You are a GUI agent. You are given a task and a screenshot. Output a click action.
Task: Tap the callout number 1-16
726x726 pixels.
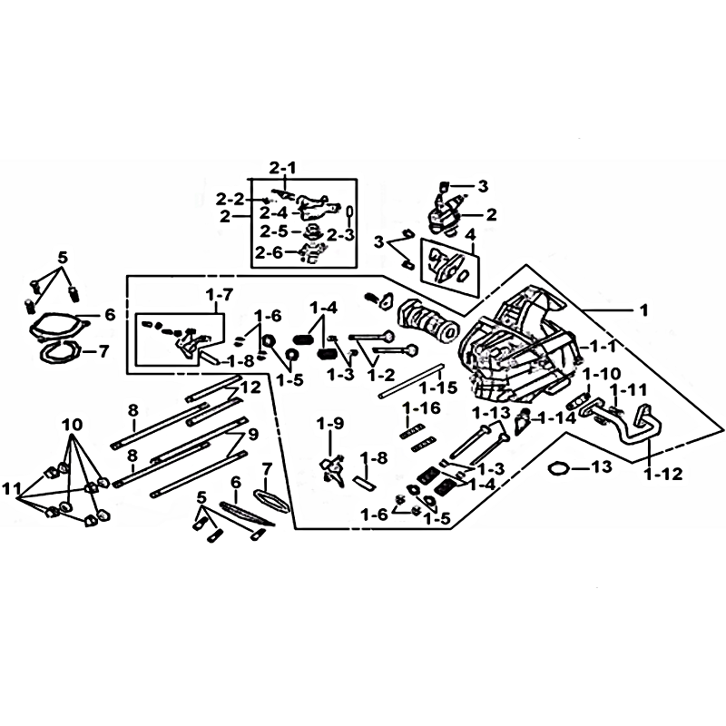(x=421, y=408)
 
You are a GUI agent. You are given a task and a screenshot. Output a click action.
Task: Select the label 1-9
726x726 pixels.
(x=330, y=423)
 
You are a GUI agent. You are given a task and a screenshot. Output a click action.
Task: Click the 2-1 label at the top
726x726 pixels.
(x=282, y=168)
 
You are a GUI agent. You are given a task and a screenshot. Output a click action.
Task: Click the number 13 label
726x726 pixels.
(x=602, y=466)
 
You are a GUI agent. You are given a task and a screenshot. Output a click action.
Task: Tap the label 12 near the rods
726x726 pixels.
(x=250, y=388)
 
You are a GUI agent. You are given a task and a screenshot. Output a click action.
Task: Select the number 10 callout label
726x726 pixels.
(x=73, y=425)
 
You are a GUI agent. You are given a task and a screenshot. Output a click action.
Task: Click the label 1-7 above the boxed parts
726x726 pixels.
(x=220, y=295)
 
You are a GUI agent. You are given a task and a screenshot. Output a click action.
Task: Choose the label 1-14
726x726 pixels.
(x=556, y=418)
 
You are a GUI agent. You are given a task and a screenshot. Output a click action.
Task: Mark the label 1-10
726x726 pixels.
(x=601, y=374)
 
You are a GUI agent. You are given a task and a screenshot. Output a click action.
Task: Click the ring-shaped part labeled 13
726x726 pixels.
(x=560, y=468)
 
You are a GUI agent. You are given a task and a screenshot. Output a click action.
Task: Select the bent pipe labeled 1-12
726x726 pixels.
(x=635, y=427)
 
